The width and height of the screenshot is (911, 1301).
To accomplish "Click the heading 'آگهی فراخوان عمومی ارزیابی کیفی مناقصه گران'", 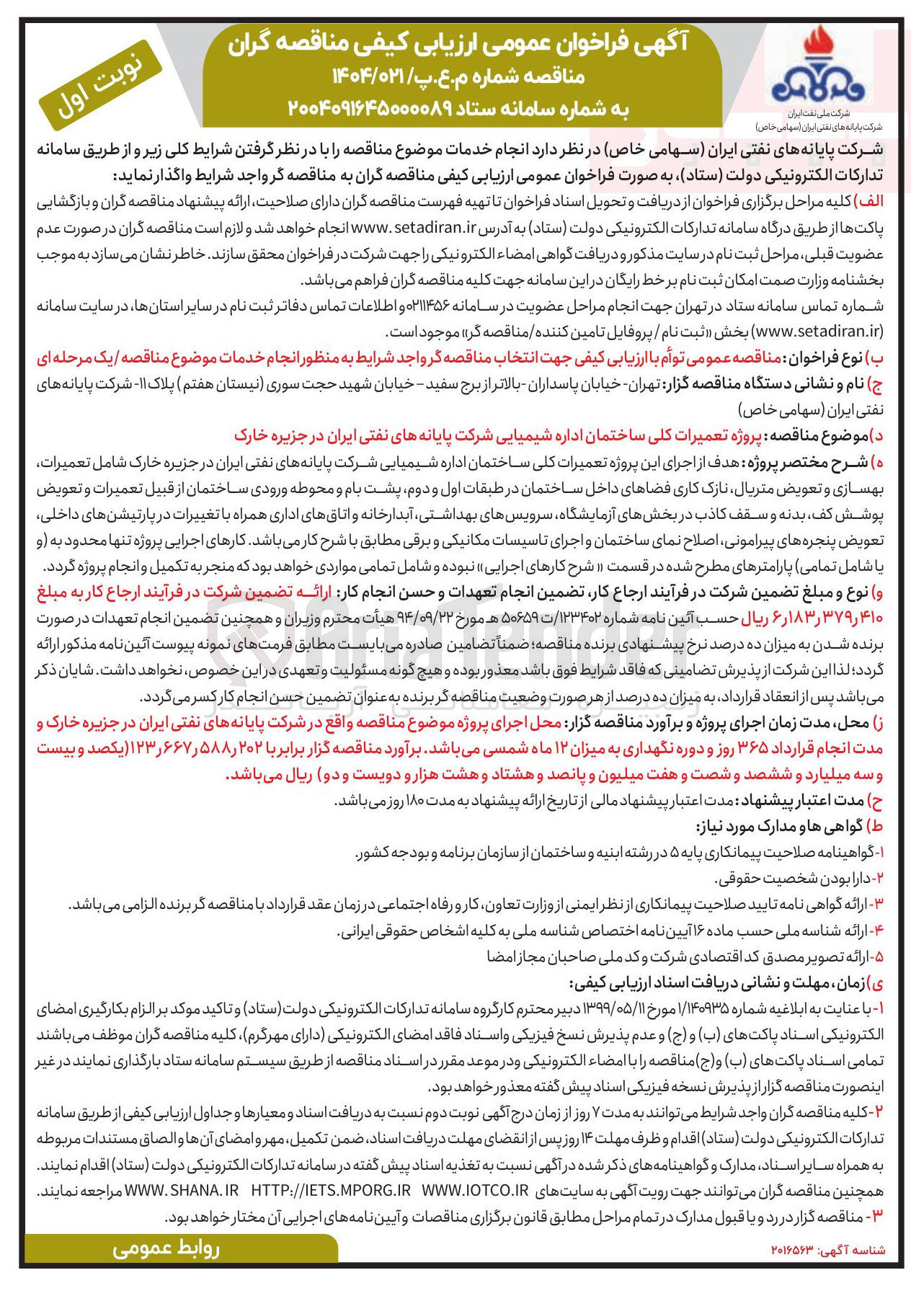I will tap(458, 45).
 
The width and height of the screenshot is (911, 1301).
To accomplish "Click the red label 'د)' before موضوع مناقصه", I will tap(876, 436).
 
